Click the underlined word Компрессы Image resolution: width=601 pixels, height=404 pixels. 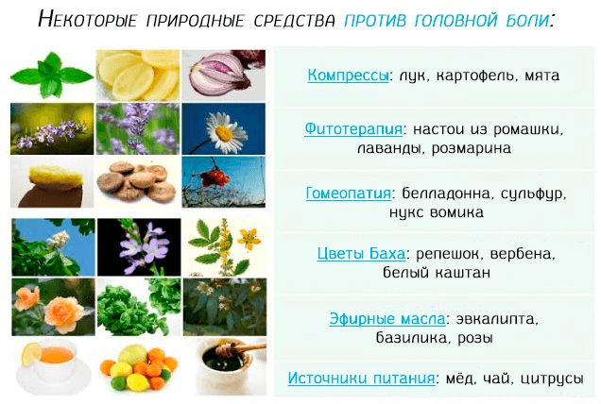(348, 75)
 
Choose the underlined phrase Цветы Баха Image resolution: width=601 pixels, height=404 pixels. (360, 254)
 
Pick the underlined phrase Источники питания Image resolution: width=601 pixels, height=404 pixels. (362, 378)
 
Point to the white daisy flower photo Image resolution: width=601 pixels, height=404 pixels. (218, 129)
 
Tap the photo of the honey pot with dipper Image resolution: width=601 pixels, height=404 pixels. (218, 368)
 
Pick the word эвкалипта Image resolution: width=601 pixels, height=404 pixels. (489, 317)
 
